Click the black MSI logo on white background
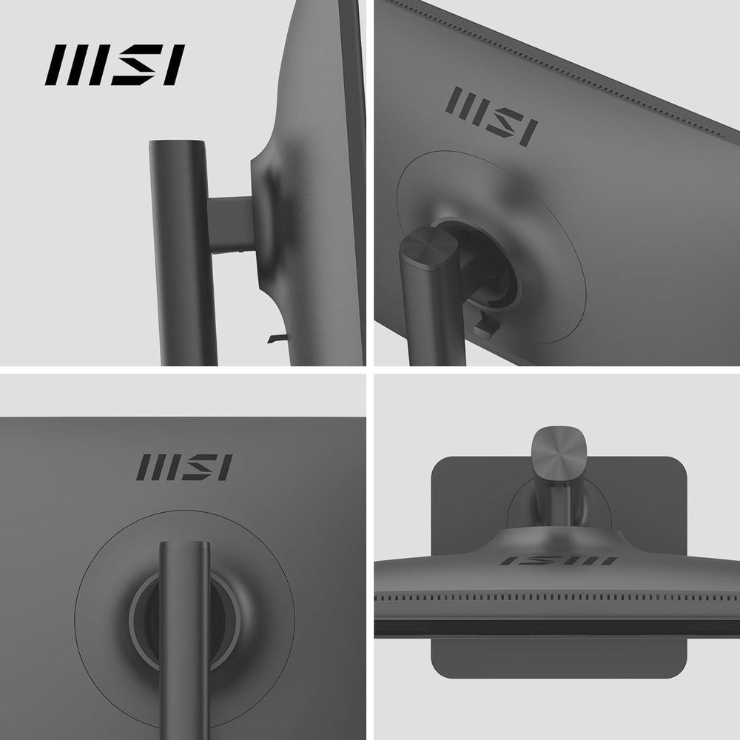pos(115,64)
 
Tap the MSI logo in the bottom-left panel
pos(184,467)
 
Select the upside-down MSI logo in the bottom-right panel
pos(557,560)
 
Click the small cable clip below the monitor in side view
pos(275,338)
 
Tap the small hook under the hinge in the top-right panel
pos(482,326)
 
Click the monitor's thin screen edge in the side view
pos(355,185)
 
